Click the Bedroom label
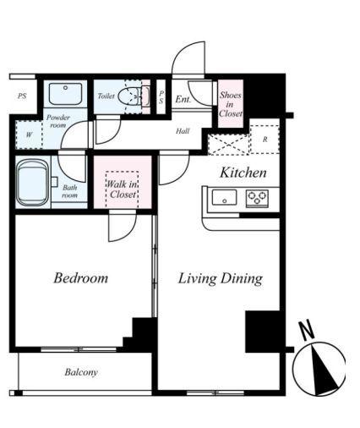tap(81, 278)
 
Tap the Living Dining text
tap(221, 279)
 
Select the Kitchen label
tap(243, 173)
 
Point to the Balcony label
tap(81, 372)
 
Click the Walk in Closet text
tap(122, 189)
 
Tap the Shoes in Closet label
tap(231, 104)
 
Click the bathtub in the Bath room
tap(32, 184)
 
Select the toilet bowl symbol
tap(128, 96)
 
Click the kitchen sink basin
tap(224, 197)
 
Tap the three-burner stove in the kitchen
tap(257, 199)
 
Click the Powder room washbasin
tap(65, 94)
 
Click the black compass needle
tap(324, 370)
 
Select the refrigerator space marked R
tap(265, 140)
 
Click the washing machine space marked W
tap(29, 134)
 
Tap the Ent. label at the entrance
tap(183, 99)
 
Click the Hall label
tap(183, 131)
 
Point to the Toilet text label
tap(106, 96)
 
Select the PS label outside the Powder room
tap(22, 96)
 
